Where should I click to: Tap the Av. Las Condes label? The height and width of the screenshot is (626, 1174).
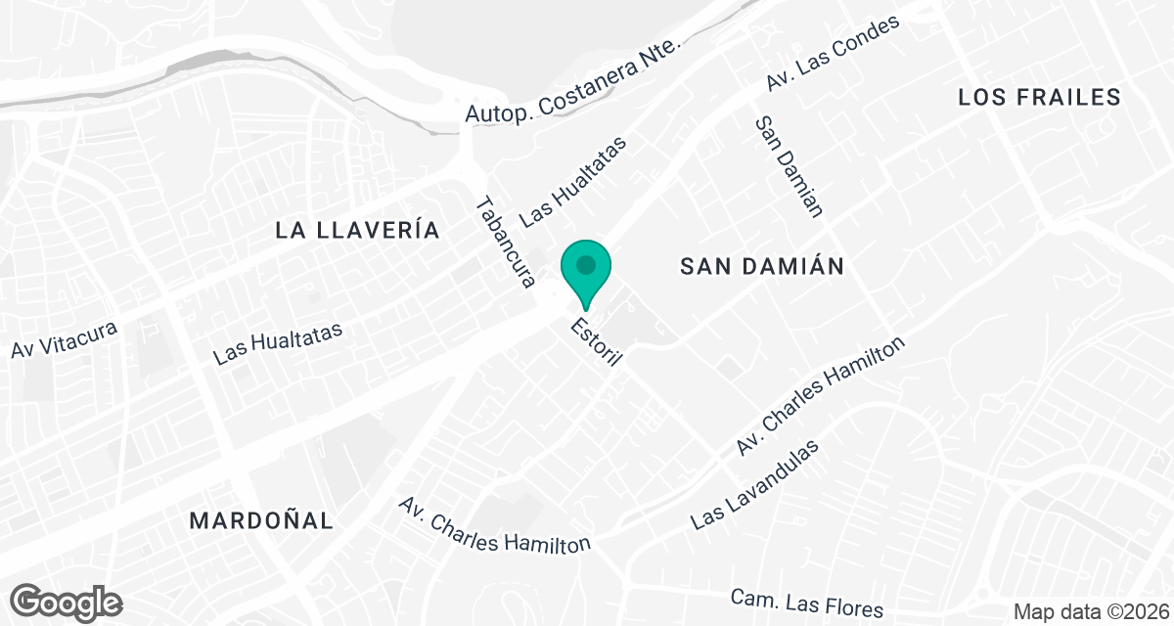(x=833, y=54)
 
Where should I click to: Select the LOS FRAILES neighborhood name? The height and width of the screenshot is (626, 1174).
(x=1039, y=97)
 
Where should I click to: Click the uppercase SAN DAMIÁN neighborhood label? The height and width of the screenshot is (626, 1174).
(x=762, y=266)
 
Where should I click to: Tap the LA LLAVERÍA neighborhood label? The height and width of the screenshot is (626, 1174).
(x=357, y=231)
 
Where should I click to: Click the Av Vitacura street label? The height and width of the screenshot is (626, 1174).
(x=65, y=338)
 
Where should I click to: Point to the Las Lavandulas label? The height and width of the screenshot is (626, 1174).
(x=753, y=484)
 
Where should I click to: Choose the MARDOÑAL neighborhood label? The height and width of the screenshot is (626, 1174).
(x=261, y=519)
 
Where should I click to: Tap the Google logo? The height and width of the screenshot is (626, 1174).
(x=67, y=601)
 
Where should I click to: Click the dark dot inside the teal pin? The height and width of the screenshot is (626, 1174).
(x=586, y=264)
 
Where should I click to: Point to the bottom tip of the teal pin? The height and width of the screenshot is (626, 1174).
(x=586, y=310)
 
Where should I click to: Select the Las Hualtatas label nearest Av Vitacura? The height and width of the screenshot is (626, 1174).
(x=278, y=343)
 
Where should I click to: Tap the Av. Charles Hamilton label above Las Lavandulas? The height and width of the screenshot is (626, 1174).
(x=822, y=396)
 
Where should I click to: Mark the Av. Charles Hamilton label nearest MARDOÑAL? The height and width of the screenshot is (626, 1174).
(x=495, y=524)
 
